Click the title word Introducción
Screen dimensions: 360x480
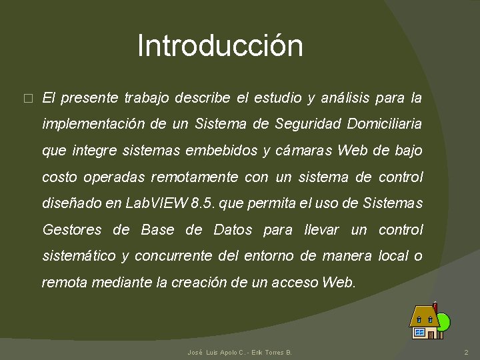(x=220, y=46)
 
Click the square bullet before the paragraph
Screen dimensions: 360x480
(x=27, y=99)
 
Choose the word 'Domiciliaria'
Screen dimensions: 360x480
(x=385, y=125)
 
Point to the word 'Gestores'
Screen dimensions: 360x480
(x=72, y=230)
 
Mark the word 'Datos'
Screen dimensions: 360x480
(x=233, y=230)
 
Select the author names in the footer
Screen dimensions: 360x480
(x=240, y=352)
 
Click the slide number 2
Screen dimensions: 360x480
(x=466, y=352)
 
